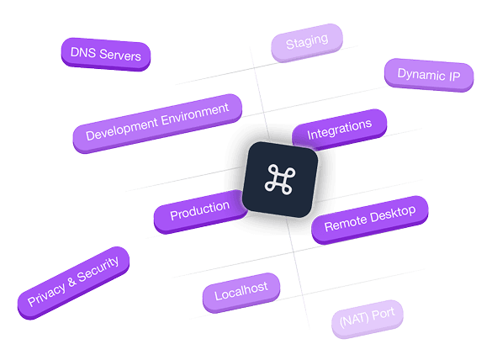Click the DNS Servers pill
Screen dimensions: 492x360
point(106,55)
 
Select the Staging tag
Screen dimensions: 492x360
point(307,42)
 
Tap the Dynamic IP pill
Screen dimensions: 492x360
point(429,75)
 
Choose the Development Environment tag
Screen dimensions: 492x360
point(157,123)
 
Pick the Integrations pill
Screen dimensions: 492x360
point(340,129)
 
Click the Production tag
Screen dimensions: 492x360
point(200,211)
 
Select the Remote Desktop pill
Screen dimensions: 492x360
point(370,220)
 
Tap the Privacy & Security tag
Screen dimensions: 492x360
point(73,283)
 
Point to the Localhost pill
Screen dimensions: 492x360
point(241,292)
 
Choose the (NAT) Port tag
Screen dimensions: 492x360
point(368,318)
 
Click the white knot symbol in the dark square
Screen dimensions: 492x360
point(280,179)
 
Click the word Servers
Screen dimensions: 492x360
point(120,56)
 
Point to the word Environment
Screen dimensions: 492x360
point(195,115)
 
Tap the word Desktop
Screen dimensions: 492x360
point(393,214)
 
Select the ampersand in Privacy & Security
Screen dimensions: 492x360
point(71,281)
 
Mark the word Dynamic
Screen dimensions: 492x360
point(421,75)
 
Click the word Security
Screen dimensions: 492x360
point(98,269)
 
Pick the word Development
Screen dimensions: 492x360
point(122,129)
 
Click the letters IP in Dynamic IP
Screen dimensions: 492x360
point(454,77)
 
